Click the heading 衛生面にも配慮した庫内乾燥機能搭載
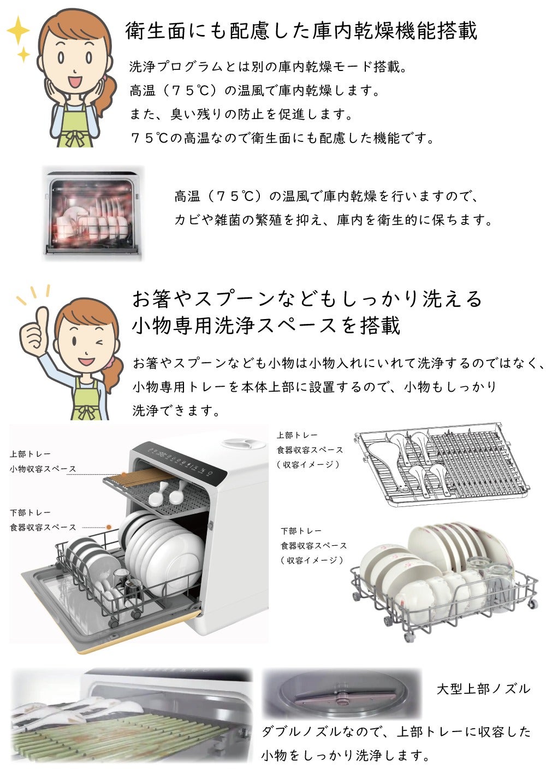(301, 31)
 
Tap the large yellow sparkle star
(18, 30)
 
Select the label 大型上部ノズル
(483, 689)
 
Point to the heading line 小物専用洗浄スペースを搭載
(266, 326)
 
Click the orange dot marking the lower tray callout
(109, 527)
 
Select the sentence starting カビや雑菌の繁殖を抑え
(333, 220)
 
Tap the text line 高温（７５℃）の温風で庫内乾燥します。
(254, 91)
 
